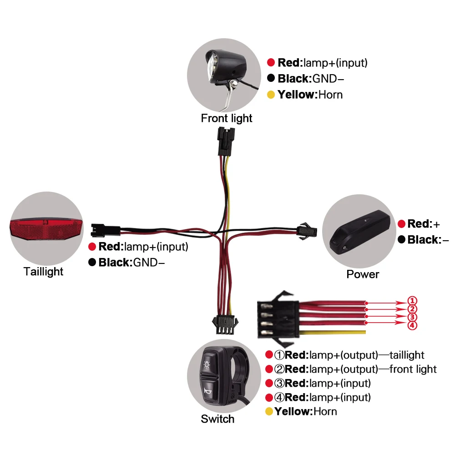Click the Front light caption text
pyautogui.click(x=227, y=118)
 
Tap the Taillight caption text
pyautogui.click(x=44, y=272)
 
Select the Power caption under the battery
pyautogui.click(x=363, y=274)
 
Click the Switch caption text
pyautogui.click(x=217, y=419)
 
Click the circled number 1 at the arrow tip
pyautogui.click(x=411, y=301)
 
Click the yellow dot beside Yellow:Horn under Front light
pyautogui.click(x=271, y=95)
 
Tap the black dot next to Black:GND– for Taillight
pyautogui.click(x=92, y=263)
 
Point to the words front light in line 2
pyautogui.click(x=414, y=369)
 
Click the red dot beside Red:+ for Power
pyautogui.click(x=401, y=224)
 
